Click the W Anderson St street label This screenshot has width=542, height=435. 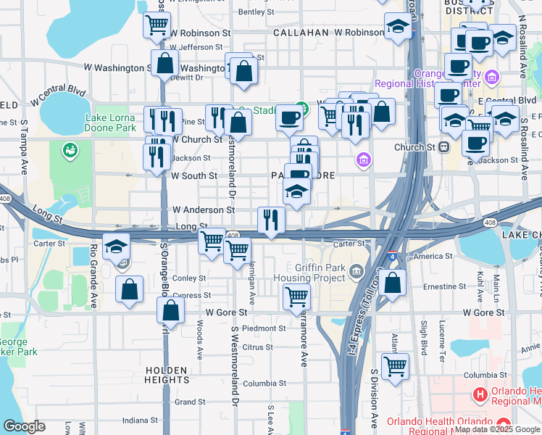[203, 210]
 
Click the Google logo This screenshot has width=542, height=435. [24, 426]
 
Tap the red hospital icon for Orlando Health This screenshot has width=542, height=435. [479, 394]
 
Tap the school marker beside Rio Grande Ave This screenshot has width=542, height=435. [116, 246]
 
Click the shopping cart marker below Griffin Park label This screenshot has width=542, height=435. [296, 295]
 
